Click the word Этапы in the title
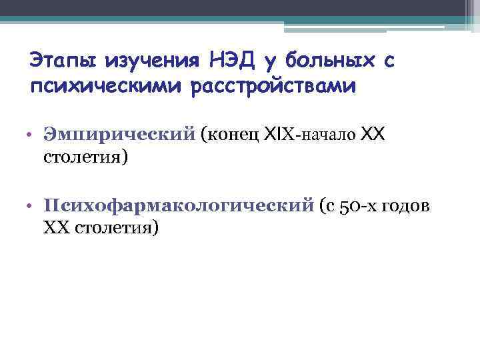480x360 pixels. pos(58,61)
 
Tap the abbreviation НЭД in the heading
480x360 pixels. pos(227,61)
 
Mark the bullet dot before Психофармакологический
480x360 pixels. pos(31,205)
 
